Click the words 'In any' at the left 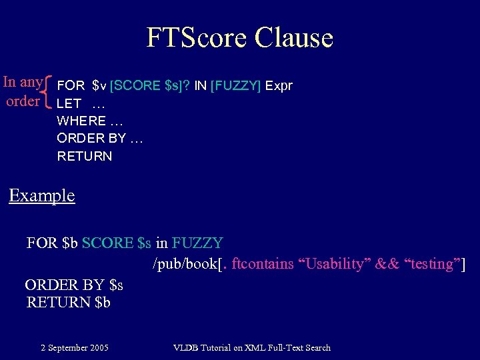[x=23, y=83]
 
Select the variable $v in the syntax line [x=99, y=86]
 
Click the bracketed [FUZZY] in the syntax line [x=236, y=86]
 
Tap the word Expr [x=279, y=86]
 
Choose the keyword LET [x=69, y=104]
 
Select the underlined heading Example [x=41, y=196]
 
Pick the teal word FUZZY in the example [x=197, y=243]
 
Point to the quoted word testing [x=433, y=264]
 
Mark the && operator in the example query [x=385, y=264]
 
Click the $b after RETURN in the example [x=103, y=302]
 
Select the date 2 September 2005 [x=75, y=347]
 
